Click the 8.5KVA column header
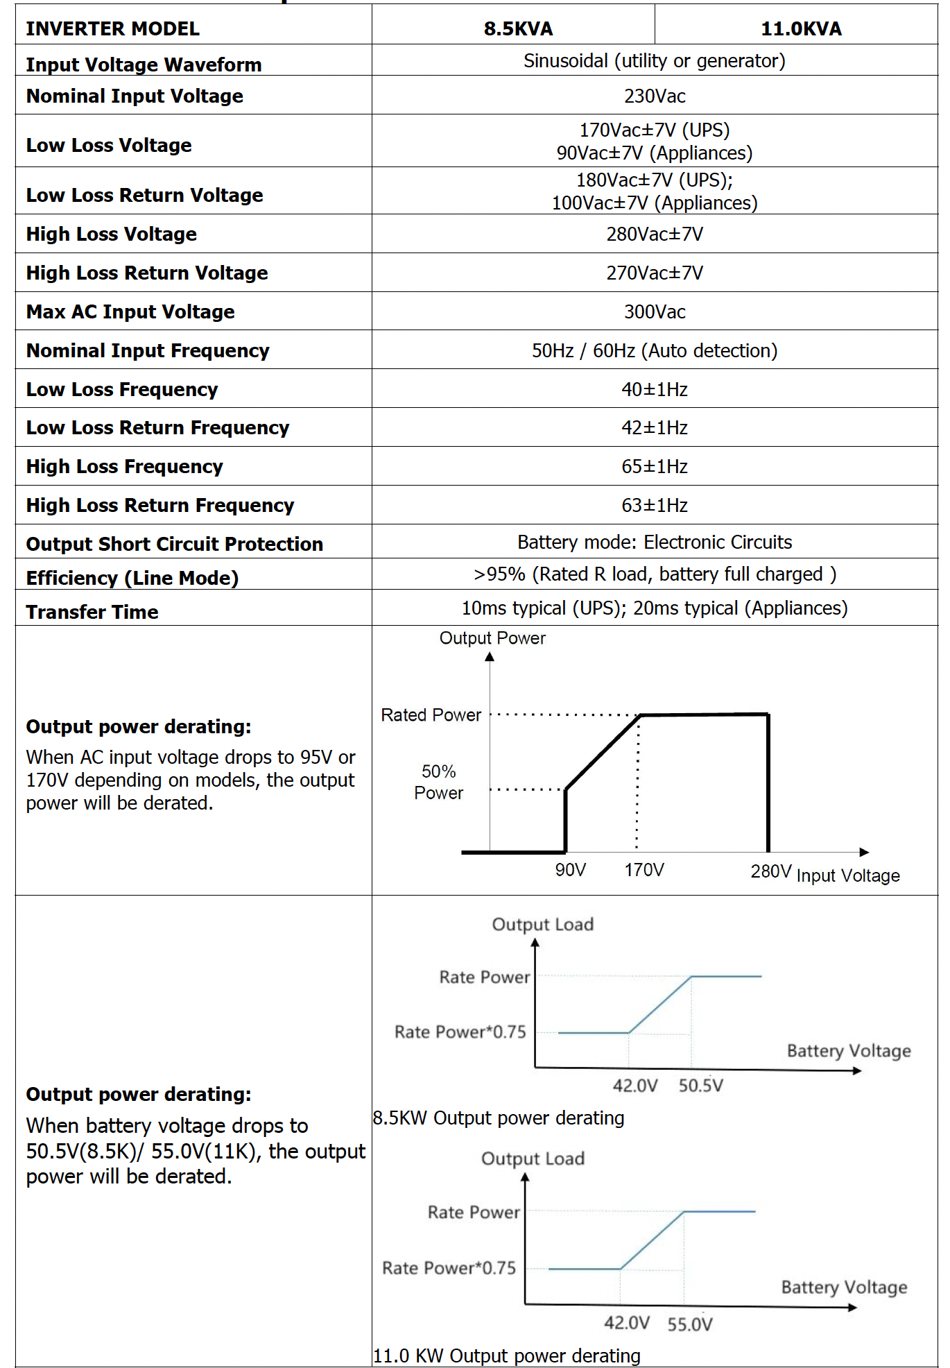pyautogui.click(x=518, y=28)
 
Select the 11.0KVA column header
pyautogui.click(x=801, y=28)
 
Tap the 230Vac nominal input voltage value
pyautogui.click(x=655, y=96)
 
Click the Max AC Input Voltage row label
pyautogui.click(x=130, y=311)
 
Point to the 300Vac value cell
pyautogui.click(x=655, y=311)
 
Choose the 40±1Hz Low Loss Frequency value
pyautogui.click(x=655, y=389)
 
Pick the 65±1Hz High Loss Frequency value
pyautogui.click(x=655, y=466)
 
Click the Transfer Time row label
pyautogui.click(x=92, y=612)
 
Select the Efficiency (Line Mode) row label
pyautogui.click(x=132, y=578)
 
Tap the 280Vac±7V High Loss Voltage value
pyautogui.click(x=655, y=234)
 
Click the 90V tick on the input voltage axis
pyautogui.click(x=571, y=870)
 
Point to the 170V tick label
pyautogui.click(x=644, y=870)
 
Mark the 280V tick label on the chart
pyautogui.click(x=770, y=871)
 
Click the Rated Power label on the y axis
pyautogui.click(x=431, y=715)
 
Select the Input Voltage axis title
pyautogui.click(x=848, y=875)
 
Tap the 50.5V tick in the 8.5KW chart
pyautogui.click(x=700, y=1086)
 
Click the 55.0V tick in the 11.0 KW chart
pyautogui.click(x=690, y=1324)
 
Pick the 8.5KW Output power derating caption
pyautogui.click(x=499, y=1118)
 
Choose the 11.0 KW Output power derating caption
pyautogui.click(x=507, y=1356)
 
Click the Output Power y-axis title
pyautogui.click(x=492, y=638)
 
